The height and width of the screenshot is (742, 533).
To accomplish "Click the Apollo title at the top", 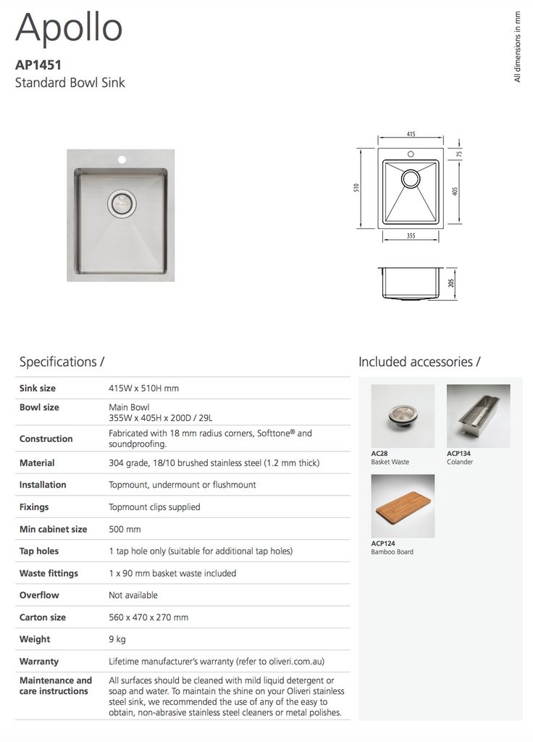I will coord(69,29).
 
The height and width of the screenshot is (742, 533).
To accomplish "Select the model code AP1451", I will coord(38,65).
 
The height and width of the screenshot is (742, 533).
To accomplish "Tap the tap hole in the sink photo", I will coord(122,158).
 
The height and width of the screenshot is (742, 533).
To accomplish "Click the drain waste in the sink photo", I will coord(121,204).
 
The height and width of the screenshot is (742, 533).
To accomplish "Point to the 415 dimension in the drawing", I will coord(411,135).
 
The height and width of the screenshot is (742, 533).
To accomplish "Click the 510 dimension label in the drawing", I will coord(356,188).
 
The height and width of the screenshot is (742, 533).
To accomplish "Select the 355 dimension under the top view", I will coord(411,236).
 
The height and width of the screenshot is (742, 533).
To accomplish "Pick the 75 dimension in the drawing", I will coord(458,154).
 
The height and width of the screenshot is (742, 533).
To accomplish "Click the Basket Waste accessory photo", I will coord(402,416).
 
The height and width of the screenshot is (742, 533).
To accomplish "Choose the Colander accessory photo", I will coord(478,416).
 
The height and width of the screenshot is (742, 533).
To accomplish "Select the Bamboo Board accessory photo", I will coord(402,506).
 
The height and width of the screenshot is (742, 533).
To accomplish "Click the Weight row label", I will coord(35,639).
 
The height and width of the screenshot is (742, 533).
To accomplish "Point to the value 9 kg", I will coord(117,639).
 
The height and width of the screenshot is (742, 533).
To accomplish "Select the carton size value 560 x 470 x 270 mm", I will coord(148,617).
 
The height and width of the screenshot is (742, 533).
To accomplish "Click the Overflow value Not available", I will coord(133,595).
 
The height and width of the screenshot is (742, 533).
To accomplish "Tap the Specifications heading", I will coord(62,362).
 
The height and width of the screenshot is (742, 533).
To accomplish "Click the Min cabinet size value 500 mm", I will coord(125,529).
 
